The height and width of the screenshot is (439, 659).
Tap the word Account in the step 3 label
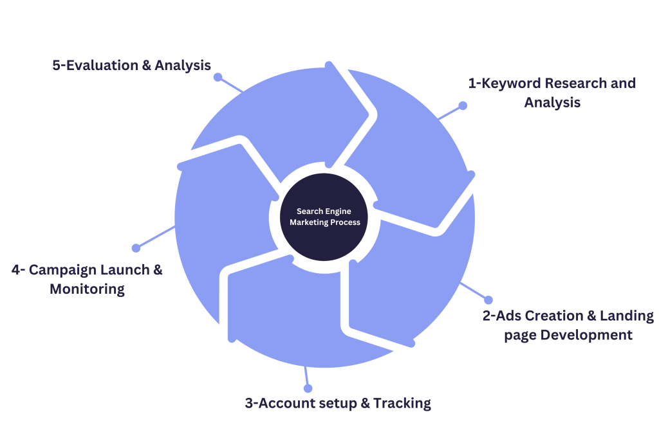(x=290, y=404)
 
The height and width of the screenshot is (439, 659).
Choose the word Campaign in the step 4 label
(x=65, y=270)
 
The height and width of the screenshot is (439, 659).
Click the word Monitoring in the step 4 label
(x=87, y=289)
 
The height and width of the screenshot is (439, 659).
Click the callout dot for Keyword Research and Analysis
(x=462, y=105)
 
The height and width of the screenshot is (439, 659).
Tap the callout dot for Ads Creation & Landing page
(x=488, y=300)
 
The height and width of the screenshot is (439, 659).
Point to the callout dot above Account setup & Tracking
(x=308, y=388)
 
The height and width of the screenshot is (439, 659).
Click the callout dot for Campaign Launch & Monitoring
(x=136, y=247)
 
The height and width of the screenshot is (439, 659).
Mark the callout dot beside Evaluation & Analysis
(x=218, y=77)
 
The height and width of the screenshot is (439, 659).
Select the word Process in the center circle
(x=344, y=222)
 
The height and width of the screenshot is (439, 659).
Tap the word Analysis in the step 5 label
(x=183, y=65)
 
